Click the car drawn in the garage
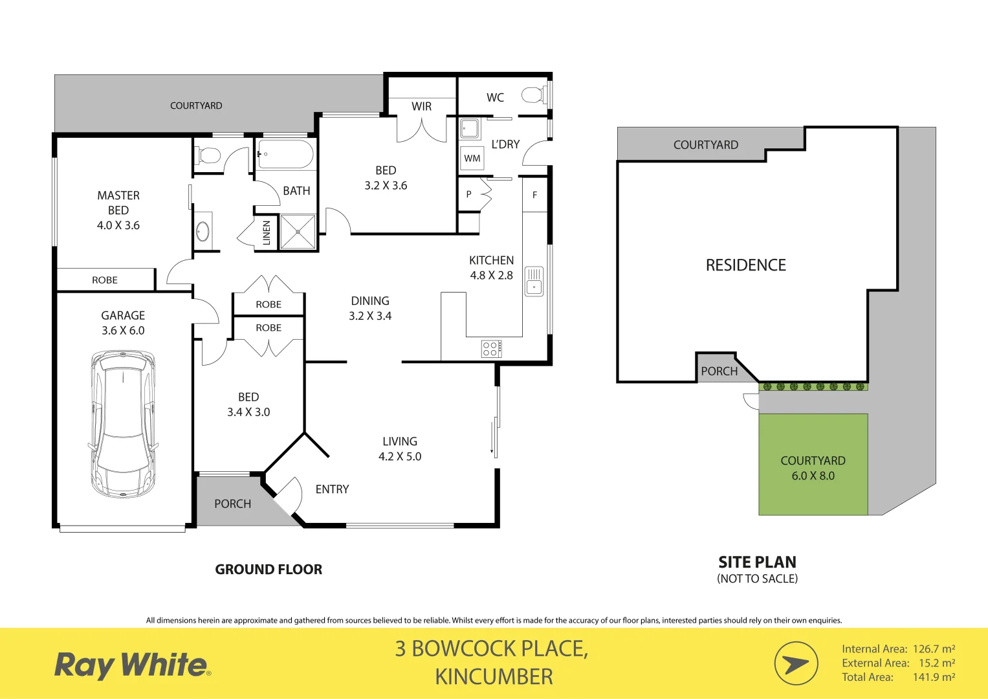click(x=123, y=424)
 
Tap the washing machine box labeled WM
click(x=472, y=159)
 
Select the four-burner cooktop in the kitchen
click(x=491, y=349)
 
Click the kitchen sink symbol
click(x=534, y=281)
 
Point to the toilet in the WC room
click(x=533, y=96)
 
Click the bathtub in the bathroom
click(x=286, y=155)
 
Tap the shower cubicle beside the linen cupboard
click(x=298, y=232)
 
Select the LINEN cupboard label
click(x=266, y=233)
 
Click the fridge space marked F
click(x=534, y=195)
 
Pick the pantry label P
click(x=468, y=194)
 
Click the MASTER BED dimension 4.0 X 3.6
click(x=118, y=225)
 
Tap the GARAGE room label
click(x=123, y=315)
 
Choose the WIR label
click(x=421, y=106)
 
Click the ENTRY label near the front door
click(x=332, y=489)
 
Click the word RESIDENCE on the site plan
click(x=745, y=265)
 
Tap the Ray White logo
click(x=132, y=665)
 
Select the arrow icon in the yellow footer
click(x=796, y=663)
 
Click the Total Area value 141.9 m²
click(x=934, y=677)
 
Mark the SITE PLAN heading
click(x=757, y=562)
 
